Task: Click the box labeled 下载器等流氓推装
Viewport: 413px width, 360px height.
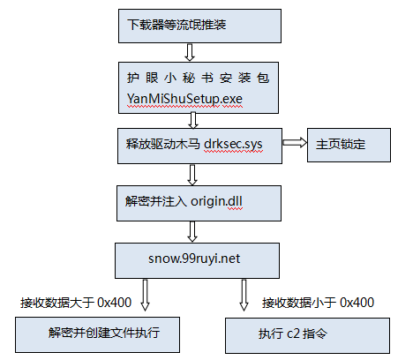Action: [199, 26]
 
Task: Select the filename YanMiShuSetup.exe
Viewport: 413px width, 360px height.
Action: [184, 99]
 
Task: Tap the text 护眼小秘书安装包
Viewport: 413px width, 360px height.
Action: [198, 78]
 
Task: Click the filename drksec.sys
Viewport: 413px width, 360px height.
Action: [233, 144]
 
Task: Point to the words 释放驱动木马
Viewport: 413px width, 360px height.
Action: [162, 144]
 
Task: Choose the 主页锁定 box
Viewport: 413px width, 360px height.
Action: [349, 145]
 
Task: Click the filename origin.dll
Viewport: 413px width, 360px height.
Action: [216, 201]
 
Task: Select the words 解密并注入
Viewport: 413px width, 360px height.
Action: [156, 201]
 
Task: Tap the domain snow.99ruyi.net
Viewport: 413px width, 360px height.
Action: [194, 259]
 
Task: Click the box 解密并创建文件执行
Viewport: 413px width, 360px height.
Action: [97, 334]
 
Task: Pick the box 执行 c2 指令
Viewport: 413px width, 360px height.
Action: [307, 335]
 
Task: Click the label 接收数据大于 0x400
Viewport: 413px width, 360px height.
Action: [76, 303]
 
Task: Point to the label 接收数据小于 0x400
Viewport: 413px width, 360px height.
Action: [318, 303]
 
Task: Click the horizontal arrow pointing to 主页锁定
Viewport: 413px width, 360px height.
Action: [295, 143]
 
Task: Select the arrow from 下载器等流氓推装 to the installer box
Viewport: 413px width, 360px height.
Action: [190, 52]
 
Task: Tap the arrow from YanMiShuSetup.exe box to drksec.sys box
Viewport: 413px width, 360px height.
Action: [193, 120]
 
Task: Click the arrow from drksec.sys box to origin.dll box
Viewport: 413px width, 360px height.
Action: [192, 175]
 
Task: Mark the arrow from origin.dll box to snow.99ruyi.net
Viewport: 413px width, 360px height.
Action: [192, 232]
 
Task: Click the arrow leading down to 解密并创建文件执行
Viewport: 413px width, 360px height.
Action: [145, 295]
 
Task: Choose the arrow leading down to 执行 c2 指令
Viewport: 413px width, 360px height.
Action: [244, 295]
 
